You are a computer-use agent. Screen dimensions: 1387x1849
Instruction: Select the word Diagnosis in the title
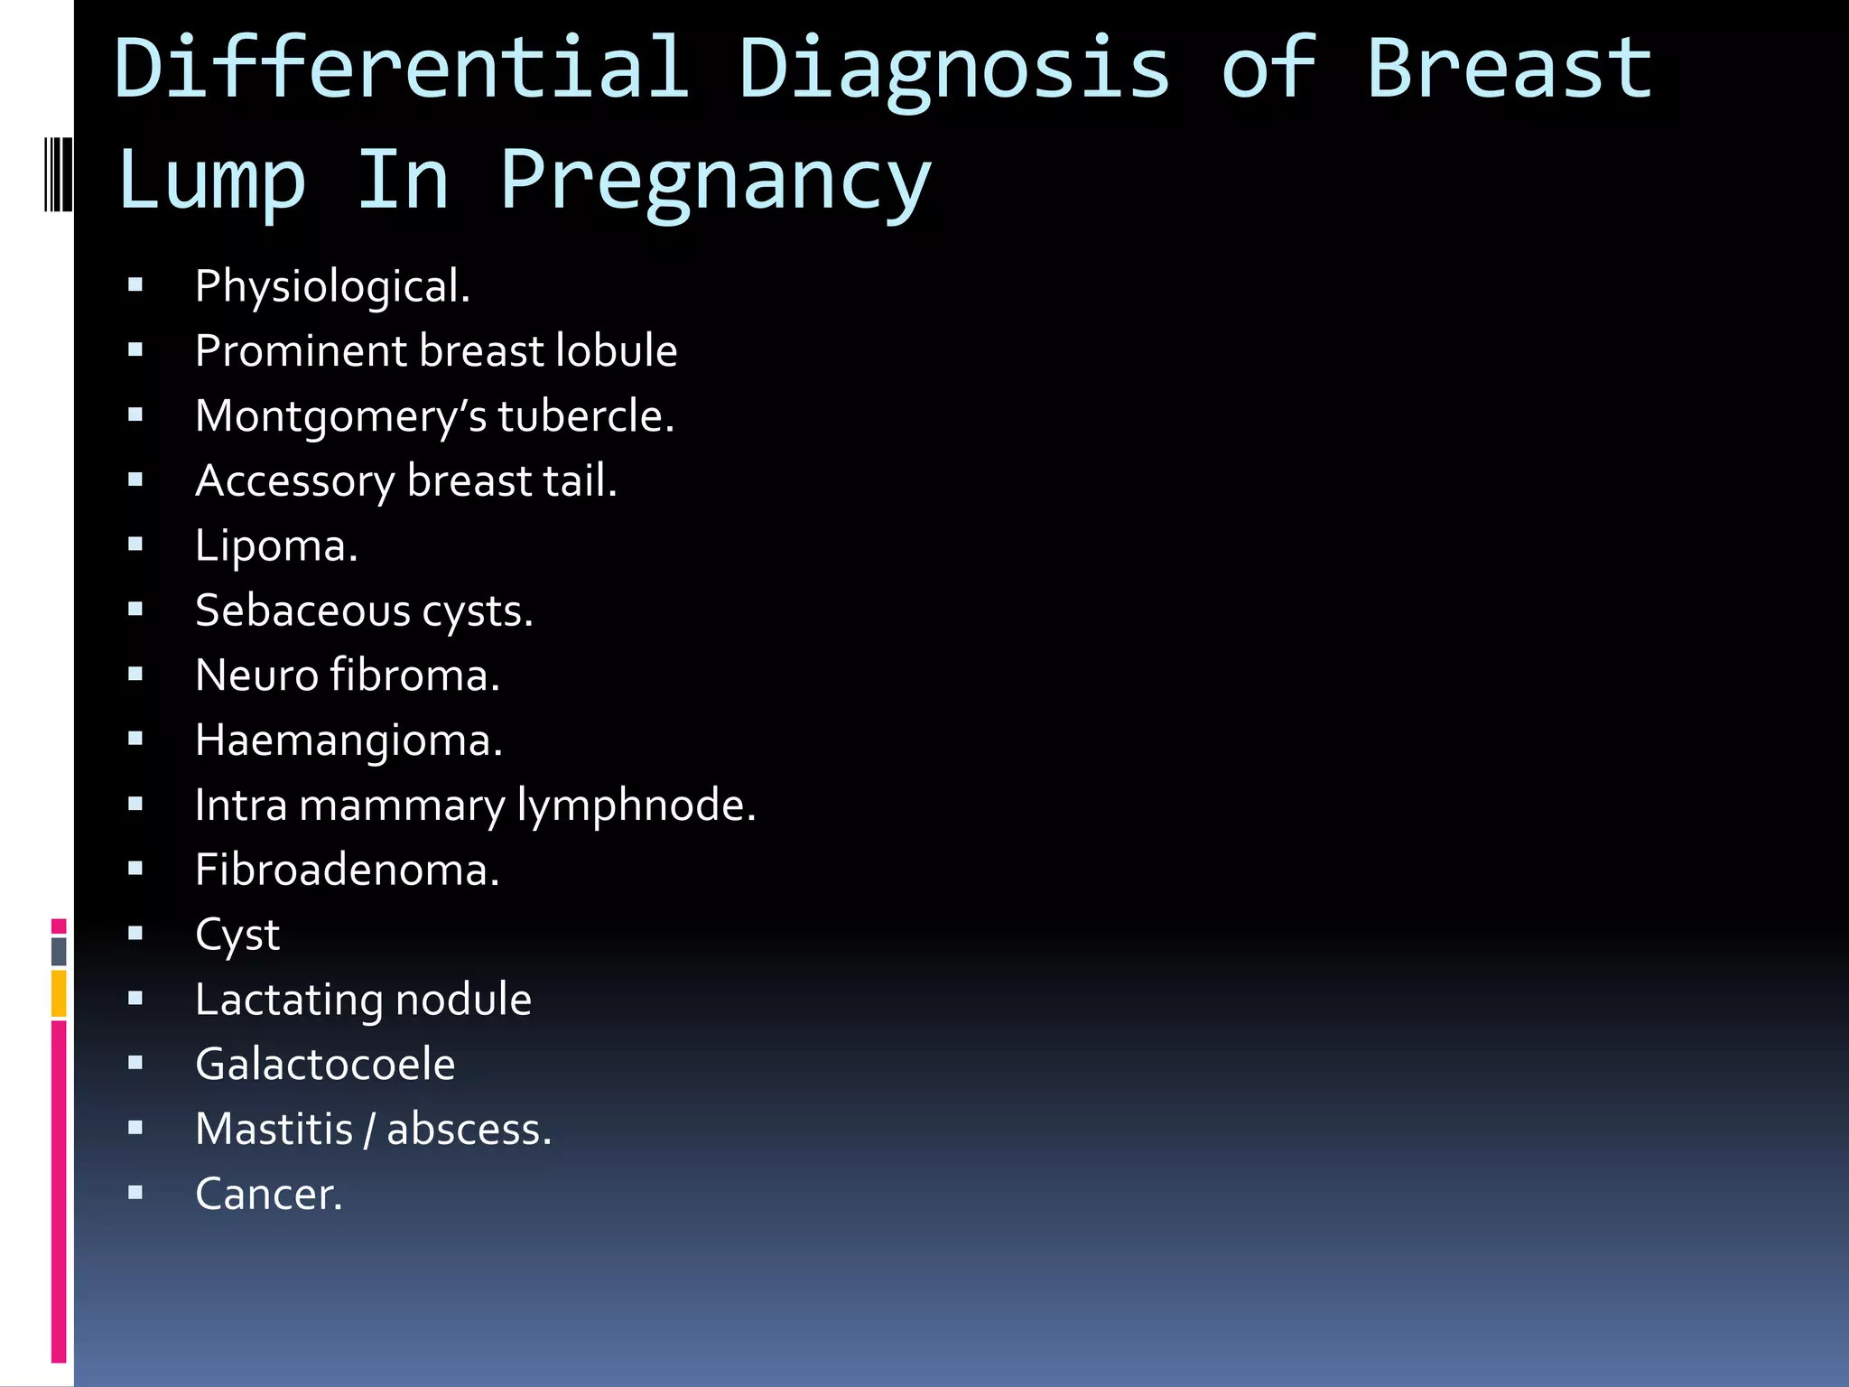tap(954, 70)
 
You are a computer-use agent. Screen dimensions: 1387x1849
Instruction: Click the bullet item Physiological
tap(332, 286)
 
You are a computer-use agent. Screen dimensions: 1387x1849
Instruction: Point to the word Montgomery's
tap(340, 417)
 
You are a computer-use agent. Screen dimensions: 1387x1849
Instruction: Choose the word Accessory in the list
tap(295, 481)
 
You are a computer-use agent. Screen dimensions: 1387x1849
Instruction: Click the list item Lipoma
tap(276, 546)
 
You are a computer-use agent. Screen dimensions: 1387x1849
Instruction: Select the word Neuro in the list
tap(256, 675)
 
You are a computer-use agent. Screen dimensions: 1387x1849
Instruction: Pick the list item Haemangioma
tap(348, 740)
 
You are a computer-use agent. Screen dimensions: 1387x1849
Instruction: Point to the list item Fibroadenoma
tap(347, 870)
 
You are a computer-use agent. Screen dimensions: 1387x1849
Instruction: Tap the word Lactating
tap(289, 1001)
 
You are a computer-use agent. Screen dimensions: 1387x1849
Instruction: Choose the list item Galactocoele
tap(325, 1064)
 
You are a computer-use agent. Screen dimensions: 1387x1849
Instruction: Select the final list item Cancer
tap(269, 1194)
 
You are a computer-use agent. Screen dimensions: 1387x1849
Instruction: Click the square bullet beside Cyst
tap(135, 934)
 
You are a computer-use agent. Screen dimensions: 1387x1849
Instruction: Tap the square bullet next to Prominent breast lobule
tap(135, 350)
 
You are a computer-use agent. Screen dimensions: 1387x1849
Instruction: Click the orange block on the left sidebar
tap(59, 993)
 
